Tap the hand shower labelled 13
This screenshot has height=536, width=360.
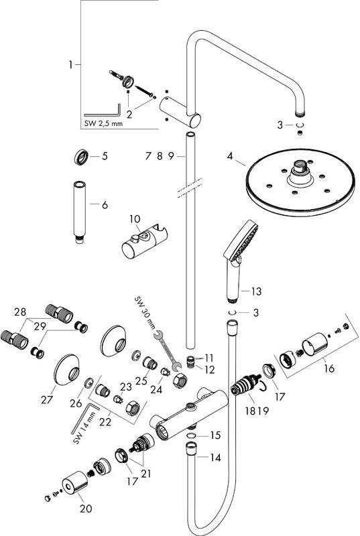tap(240, 260)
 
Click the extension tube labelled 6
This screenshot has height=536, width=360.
tap(79, 212)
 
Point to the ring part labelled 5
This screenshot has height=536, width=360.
tap(82, 157)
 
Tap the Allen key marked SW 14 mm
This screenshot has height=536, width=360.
tap(84, 418)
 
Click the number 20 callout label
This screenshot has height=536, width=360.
tap(86, 509)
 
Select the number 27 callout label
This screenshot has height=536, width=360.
tap(47, 399)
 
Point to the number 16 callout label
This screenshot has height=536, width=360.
tap(329, 368)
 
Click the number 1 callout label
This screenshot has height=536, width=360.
tap(71, 64)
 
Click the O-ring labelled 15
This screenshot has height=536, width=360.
tap(192, 435)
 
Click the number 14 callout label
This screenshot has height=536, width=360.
tap(215, 458)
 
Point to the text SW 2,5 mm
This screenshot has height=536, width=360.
tap(103, 123)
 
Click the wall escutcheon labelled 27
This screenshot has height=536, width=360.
tap(66, 370)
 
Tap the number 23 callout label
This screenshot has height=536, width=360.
tap(125, 387)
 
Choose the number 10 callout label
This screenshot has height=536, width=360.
tap(135, 219)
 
